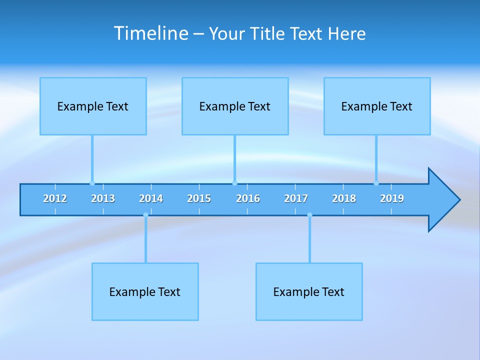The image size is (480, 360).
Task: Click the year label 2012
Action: [55, 198]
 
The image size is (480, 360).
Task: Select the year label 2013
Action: [103, 198]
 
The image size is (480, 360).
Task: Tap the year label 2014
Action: [151, 198]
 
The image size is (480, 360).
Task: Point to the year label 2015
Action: [199, 198]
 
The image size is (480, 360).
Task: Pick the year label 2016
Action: [248, 198]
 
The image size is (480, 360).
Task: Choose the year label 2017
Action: [296, 198]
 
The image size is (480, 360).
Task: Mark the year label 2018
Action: [344, 198]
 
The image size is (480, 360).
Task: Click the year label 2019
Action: [392, 198]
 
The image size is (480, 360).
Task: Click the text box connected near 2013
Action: [93, 106]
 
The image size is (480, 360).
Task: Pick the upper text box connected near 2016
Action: [235, 106]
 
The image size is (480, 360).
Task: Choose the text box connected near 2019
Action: [377, 106]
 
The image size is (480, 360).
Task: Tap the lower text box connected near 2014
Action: [145, 291]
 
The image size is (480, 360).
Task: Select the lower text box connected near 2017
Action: [309, 291]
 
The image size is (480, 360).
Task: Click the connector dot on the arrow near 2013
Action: [92, 183]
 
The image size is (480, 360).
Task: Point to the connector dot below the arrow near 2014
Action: [145, 215]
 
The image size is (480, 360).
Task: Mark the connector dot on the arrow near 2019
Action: [376, 183]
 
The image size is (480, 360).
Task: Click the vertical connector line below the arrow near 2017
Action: [309, 240]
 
